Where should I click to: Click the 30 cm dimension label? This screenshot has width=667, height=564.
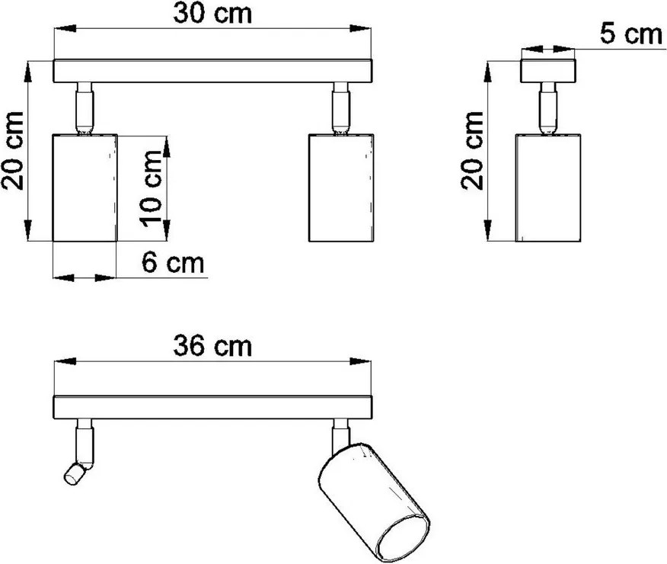point(213,13)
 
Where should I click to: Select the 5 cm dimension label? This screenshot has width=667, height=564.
point(630,35)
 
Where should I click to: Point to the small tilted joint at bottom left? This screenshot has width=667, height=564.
point(75,473)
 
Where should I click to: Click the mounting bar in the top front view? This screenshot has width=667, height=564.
point(213,72)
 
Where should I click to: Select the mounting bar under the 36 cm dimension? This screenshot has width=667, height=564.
point(213,407)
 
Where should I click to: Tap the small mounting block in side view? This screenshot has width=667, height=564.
point(548,72)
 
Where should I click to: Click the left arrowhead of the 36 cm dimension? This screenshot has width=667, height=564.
point(61,363)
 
